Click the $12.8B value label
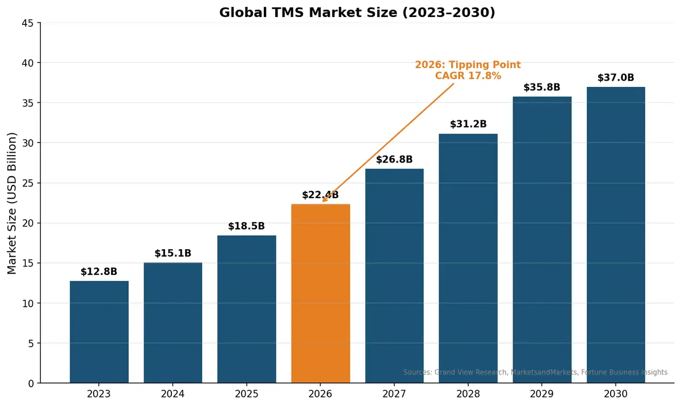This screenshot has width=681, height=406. click(x=99, y=272)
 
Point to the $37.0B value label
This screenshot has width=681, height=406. click(x=616, y=78)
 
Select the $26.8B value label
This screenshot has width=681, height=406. click(x=394, y=160)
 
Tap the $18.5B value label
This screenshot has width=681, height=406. click(x=246, y=226)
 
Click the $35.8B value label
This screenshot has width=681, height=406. click(x=542, y=87)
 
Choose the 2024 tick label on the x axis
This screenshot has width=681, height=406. click(x=173, y=394)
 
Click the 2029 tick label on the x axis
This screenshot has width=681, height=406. click(x=542, y=394)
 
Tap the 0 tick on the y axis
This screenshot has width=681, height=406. click(x=31, y=384)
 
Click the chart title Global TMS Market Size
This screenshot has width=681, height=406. click(x=357, y=12)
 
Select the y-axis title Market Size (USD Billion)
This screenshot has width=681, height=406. click(x=12, y=203)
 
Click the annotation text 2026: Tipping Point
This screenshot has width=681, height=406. click(x=468, y=65)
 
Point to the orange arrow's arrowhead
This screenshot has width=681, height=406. click(x=323, y=200)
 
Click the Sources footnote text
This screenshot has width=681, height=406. click(x=535, y=372)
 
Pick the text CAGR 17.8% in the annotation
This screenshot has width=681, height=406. click(x=468, y=76)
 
